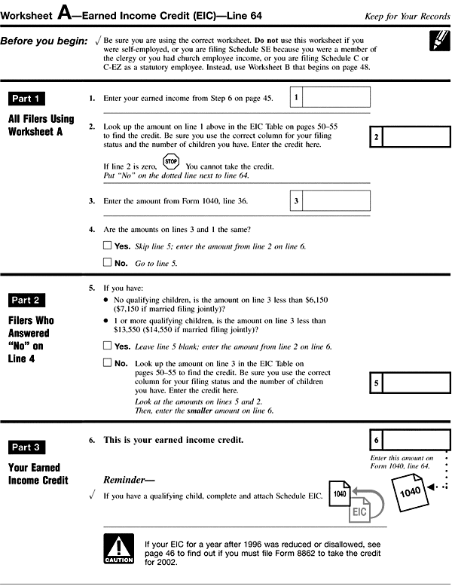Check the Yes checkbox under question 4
[106, 246]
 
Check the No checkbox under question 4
[106, 263]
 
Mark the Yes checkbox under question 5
[106, 346]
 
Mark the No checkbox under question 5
[106, 362]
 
